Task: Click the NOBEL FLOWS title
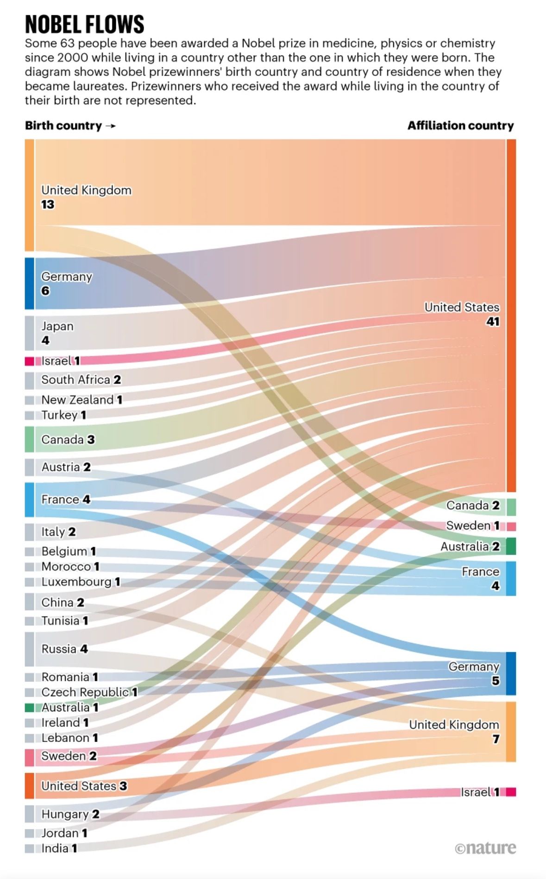point(84,24)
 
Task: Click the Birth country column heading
point(63,125)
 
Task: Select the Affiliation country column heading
point(460,125)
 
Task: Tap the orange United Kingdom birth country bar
point(29,195)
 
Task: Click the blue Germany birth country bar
point(29,283)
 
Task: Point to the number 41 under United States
point(493,322)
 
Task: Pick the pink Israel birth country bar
point(29,361)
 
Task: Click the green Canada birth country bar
point(29,439)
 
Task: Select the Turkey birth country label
point(59,415)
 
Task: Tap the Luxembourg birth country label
point(76,582)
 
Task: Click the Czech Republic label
point(85,692)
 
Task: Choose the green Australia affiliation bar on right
point(511,546)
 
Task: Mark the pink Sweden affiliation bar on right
point(511,526)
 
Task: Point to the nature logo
point(485,848)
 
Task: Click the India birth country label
point(55,848)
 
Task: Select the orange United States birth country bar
point(29,785)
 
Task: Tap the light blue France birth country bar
point(29,499)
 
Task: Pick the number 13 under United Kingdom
point(48,205)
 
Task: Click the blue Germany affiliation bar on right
point(511,673)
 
